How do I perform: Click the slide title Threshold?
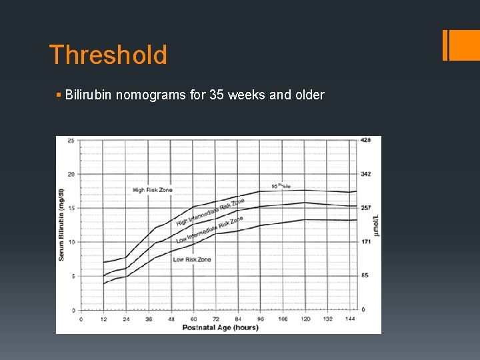point(108,55)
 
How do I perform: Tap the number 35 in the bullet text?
point(217,95)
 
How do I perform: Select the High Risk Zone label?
point(152,190)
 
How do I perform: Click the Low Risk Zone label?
point(192,259)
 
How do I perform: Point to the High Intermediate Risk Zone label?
point(210,211)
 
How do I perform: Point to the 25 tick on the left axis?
point(70,140)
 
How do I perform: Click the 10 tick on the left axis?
point(70,242)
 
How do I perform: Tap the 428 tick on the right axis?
point(366,140)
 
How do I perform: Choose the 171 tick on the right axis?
point(366,242)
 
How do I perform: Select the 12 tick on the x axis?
point(103,319)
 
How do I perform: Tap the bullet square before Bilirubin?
point(59,95)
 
